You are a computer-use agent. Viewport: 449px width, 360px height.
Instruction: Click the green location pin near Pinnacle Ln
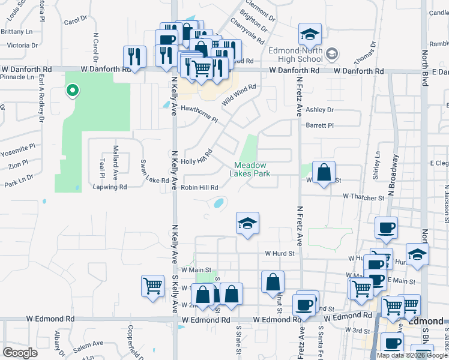click(x=72, y=91)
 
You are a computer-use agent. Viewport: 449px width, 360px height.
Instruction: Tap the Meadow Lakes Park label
click(x=250, y=169)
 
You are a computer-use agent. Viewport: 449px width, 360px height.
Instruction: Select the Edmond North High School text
click(x=295, y=55)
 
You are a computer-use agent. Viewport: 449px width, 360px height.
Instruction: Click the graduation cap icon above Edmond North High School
click(x=310, y=35)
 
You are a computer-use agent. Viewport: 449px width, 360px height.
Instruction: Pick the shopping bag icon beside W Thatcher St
click(x=324, y=173)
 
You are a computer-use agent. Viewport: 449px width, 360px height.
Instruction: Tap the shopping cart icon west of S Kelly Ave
click(x=153, y=286)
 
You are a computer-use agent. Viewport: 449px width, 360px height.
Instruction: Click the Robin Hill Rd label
click(x=199, y=188)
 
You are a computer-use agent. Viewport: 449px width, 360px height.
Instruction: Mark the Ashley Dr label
click(x=319, y=110)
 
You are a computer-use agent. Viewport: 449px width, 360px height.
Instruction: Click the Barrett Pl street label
click(x=319, y=125)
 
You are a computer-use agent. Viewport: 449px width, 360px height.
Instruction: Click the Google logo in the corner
click(x=20, y=353)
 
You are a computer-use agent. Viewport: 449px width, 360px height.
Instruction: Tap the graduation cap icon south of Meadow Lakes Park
click(x=247, y=224)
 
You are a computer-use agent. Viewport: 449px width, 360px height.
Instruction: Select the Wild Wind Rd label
click(x=239, y=95)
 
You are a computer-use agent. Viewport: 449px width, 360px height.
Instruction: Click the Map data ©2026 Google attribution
click(x=412, y=355)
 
